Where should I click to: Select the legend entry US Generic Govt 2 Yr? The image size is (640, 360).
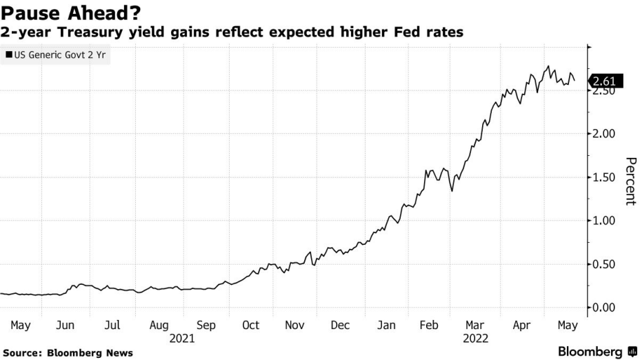coord(57,54)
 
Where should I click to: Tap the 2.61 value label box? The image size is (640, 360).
coord(607,81)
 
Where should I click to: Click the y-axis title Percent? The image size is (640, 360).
coord(630,181)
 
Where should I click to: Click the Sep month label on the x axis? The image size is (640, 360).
coord(206,325)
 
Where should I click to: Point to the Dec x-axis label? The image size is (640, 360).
coord(340,325)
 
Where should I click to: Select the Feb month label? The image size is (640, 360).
coord(430,325)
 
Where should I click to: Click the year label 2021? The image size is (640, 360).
coord(182,338)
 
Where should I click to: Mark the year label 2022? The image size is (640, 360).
coord(476,338)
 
